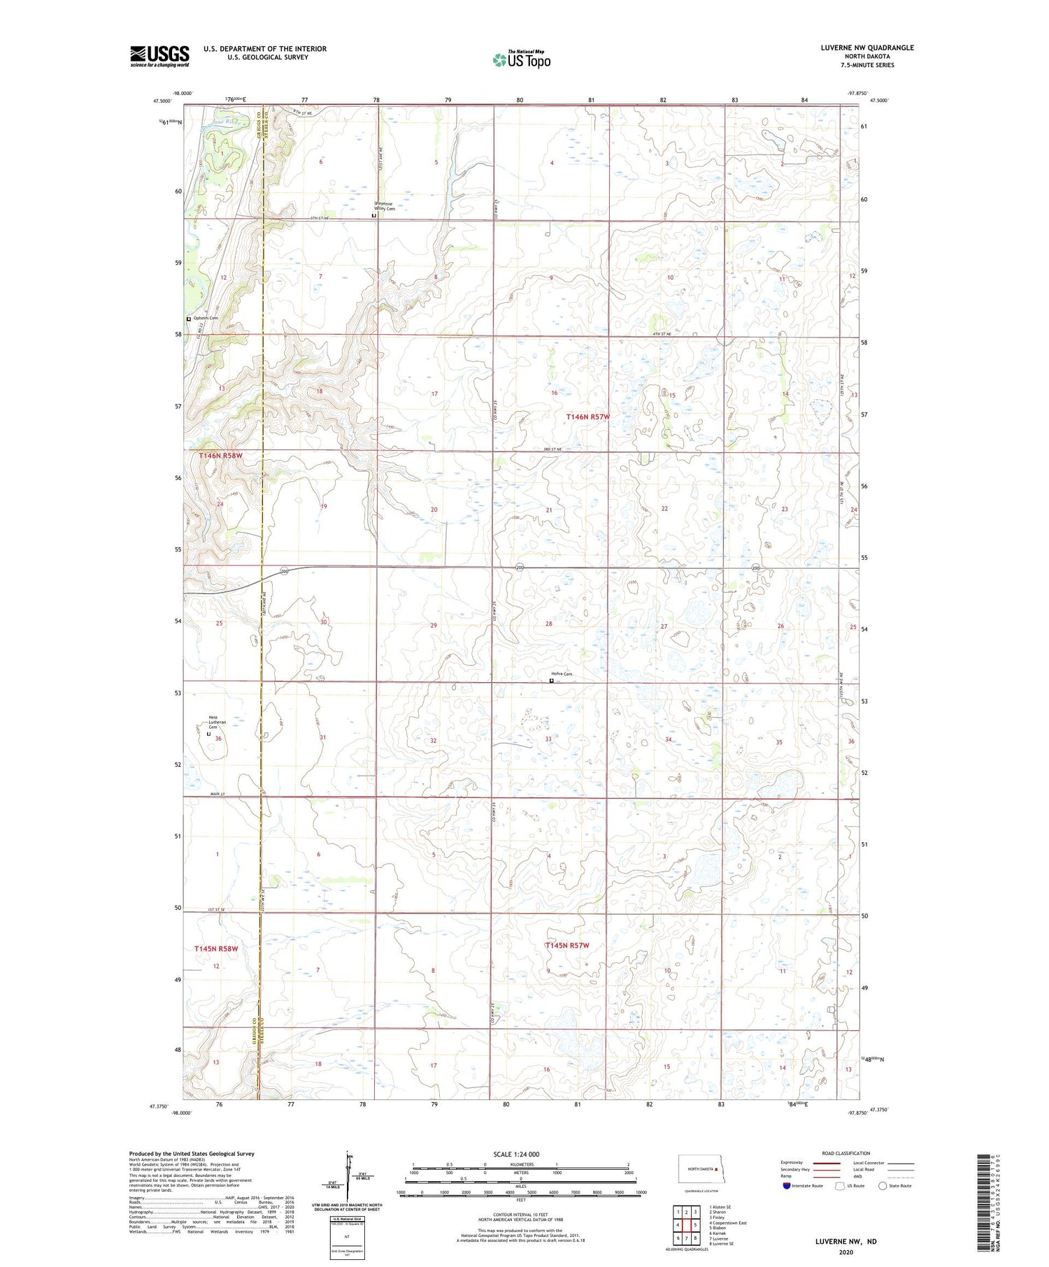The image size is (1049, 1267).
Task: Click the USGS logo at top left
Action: pyautogui.click(x=159, y=56)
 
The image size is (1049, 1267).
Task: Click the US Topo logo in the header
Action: pyautogui.click(x=521, y=60)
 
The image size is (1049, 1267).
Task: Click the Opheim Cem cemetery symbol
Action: pyautogui.click(x=189, y=319)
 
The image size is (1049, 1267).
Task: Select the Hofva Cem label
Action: pyautogui.click(x=564, y=674)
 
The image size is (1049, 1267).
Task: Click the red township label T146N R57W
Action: pyautogui.click(x=587, y=417)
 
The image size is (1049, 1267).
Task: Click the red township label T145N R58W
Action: pyautogui.click(x=216, y=948)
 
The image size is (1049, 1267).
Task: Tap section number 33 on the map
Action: pyautogui.click(x=548, y=739)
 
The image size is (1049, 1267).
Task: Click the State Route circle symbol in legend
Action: pyautogui.click(x=883, y=1185)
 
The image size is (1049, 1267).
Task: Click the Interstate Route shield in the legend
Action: pyautogui.click(x=786, y=1186)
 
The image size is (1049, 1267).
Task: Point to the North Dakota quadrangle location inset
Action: pyautogui.click(x=699, y=1168)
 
